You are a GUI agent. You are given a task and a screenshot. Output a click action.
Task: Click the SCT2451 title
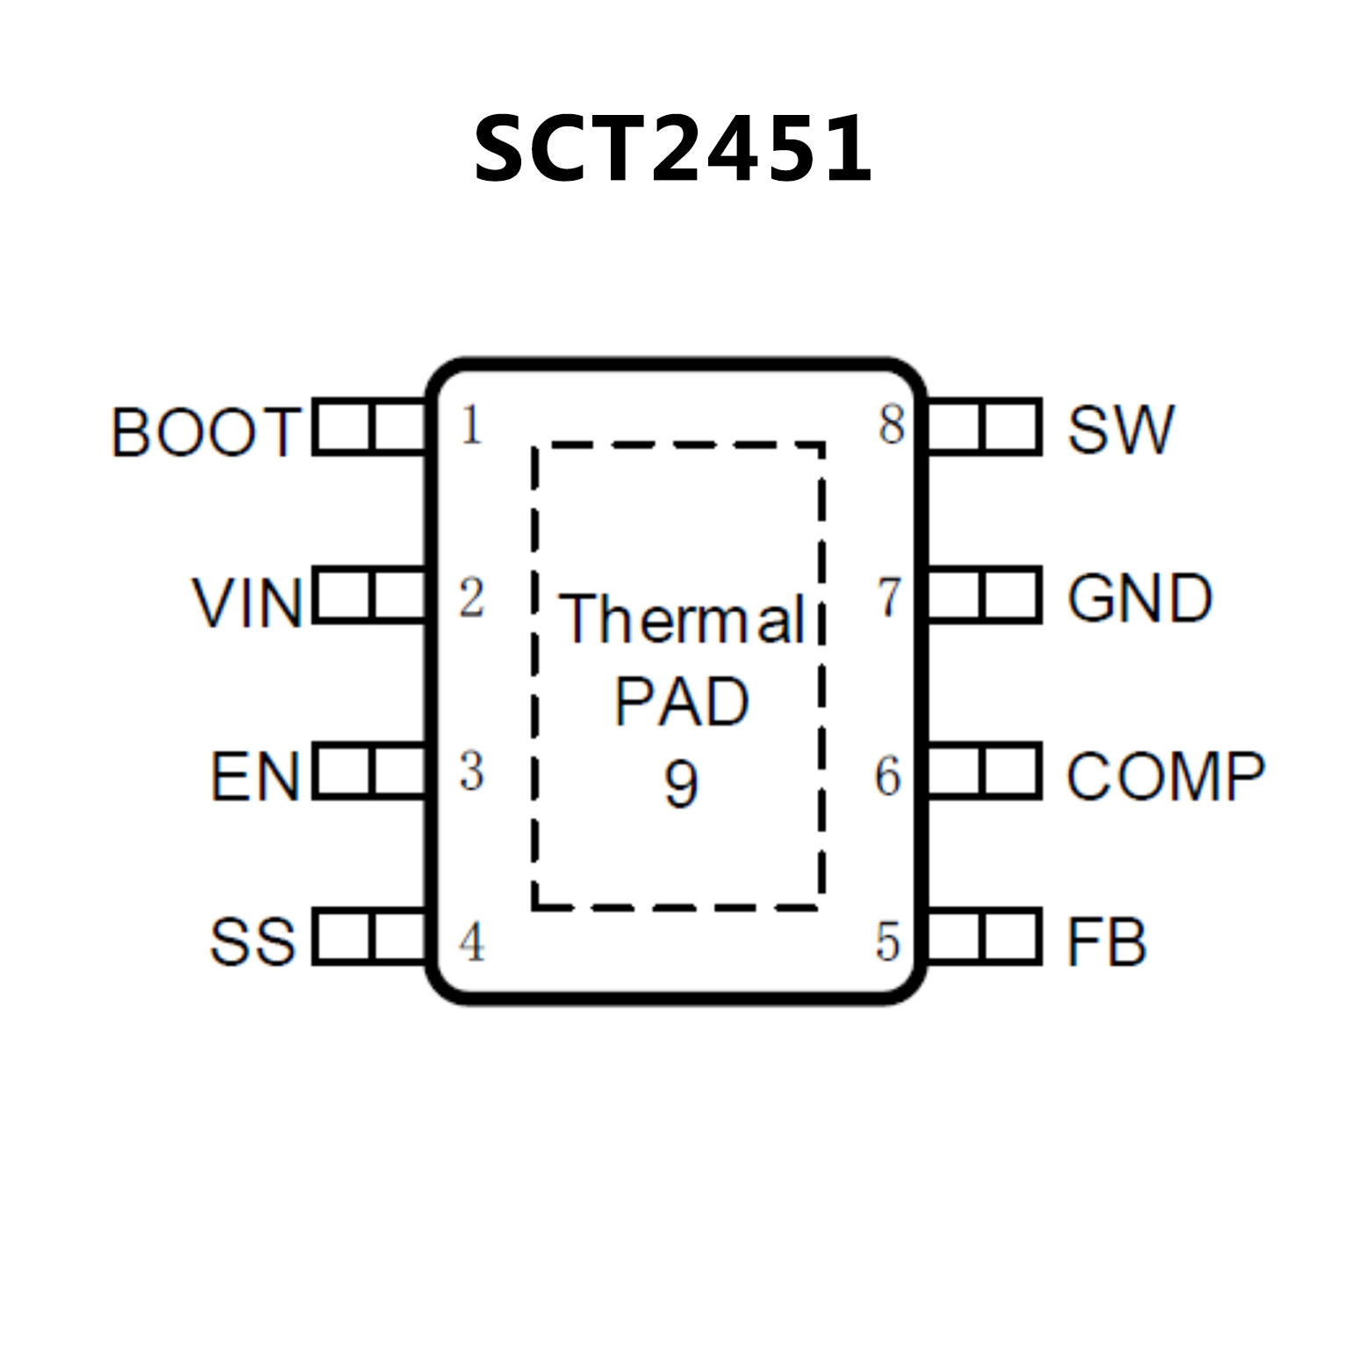(x=673, y=149)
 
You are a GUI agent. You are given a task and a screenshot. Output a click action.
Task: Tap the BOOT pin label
(x=206, y=432)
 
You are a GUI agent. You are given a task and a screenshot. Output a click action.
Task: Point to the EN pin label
(x=254, y=777)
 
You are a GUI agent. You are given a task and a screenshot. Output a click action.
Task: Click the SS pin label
(x=253, y=942)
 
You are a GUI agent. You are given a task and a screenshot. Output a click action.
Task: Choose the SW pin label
(x=1121, y=429)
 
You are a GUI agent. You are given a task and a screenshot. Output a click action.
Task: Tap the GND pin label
(x=1140, y=598)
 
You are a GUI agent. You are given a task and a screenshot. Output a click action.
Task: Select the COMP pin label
(x=1165, y=776)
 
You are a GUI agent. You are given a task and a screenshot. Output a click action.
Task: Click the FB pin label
(x=1107, y=942)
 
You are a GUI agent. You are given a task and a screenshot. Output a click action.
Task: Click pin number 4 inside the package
(x=472, y=942)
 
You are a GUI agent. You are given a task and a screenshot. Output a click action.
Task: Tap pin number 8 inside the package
(x=891, y=425)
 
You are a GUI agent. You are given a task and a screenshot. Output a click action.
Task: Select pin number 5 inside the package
(x=888, y=942)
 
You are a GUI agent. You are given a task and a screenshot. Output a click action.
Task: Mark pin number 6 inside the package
(x=888, y=776)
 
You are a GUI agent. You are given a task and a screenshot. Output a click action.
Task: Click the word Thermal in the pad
(x=682, y=619)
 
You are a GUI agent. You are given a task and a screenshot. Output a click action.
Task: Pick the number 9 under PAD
(x=681, y=783)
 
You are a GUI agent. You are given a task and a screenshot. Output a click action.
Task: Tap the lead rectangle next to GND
(x=984, y=596)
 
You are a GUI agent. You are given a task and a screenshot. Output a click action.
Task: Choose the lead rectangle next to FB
(x=984, y=938)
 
